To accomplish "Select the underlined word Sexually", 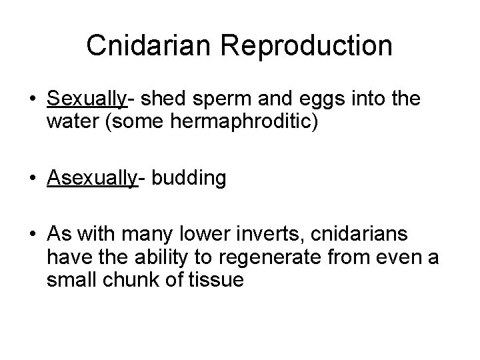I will point(87,100).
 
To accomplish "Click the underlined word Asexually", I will point(92,179).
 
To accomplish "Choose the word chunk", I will point(132,281).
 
